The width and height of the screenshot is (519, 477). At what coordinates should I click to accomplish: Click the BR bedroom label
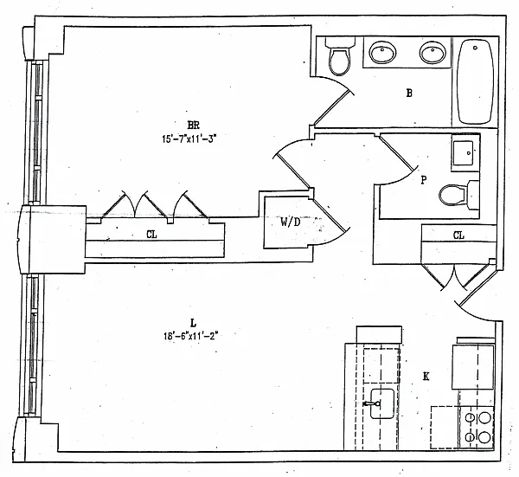(193, 126)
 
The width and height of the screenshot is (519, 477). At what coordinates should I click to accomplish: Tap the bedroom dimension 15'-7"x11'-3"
(189, 139)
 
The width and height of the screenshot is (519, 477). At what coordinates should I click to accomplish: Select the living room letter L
(193, 322)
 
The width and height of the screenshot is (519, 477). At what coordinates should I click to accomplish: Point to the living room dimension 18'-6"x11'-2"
(191, 336)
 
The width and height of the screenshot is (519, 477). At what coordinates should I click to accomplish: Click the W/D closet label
(291, 222)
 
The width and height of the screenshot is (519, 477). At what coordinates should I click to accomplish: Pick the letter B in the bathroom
(409, 93)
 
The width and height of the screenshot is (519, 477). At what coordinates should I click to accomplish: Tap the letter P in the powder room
(424, 180)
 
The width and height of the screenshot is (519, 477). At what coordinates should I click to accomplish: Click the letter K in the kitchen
(426, 377)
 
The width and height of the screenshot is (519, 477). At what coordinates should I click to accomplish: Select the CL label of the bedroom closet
(151, 235)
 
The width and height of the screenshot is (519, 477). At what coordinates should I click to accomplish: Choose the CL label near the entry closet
(458, 235)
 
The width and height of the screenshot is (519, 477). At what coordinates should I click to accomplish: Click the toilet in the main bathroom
(340, 55)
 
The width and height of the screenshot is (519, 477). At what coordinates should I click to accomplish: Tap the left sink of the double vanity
(382, 52)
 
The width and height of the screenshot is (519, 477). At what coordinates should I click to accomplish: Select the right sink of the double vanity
(432, 52)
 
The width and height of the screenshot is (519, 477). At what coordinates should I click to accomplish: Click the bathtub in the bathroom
(475, 81)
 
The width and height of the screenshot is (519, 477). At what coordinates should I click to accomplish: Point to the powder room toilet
(458, 195)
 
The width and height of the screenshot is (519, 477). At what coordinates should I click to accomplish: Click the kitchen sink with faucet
(381, 403)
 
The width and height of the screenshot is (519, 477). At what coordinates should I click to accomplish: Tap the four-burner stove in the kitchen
(477, 428)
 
